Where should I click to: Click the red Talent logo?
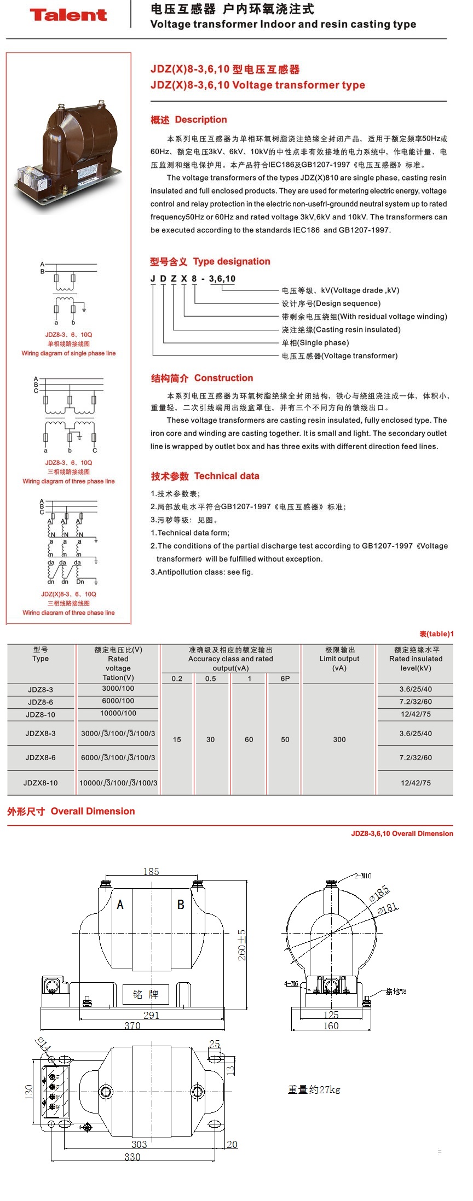[68, 15]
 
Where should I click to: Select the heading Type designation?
[232, 261]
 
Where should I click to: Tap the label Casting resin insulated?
[341, 330]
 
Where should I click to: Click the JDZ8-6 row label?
[41, 702]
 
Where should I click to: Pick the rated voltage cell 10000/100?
[118, 713]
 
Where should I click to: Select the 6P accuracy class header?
[285, 679]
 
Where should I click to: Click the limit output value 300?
[339, 739]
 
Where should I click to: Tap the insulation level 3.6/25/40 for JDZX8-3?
[416, 733]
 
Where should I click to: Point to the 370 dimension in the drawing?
[132, 1025]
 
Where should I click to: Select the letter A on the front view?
[120, 905]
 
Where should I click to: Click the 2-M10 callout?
[362, 876]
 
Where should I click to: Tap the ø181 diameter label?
[387, 909]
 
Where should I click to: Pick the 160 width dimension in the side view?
[331, 1025]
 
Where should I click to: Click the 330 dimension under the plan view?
[132, 1157]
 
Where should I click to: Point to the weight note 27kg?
[314, 1089]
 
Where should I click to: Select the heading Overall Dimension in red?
[93, 811]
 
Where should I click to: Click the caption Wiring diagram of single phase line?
[68, 353]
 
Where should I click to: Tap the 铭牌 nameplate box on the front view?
[146, 994]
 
